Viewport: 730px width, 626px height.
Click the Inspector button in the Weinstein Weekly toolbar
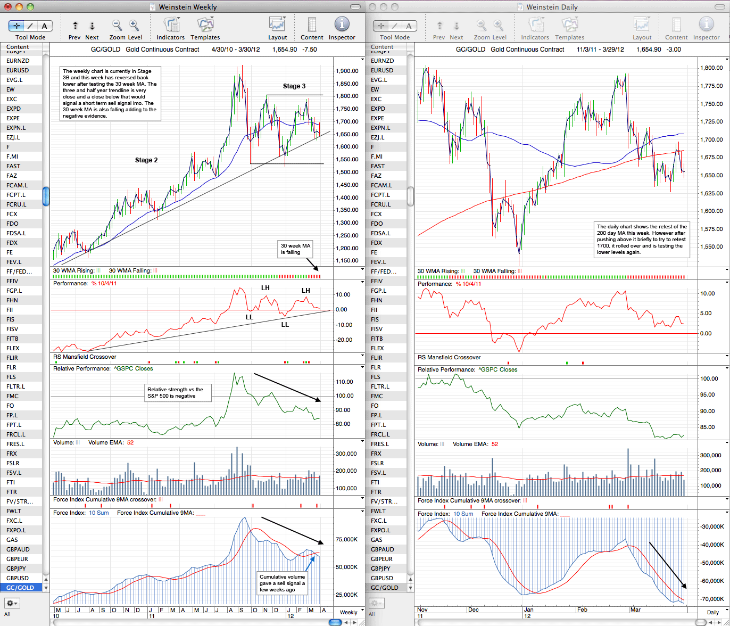tap(342, 28)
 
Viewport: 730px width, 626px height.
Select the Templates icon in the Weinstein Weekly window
tap(205, 28)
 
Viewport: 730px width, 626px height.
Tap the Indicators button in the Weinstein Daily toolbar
tap(535, 28)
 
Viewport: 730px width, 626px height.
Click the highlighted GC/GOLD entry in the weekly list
tap(20, 588)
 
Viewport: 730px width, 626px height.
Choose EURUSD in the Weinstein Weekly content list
tap(18, 70)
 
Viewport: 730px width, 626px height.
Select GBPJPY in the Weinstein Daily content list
tap(380, 569)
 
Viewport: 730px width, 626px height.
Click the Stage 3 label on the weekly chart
tap(294, 86)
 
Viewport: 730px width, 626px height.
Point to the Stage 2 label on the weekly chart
tap(146, 160)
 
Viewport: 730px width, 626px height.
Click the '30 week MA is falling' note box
tap(295, 249)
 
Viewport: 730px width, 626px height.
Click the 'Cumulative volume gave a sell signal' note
tap(282, 583)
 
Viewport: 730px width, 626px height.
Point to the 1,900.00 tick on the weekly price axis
tap(347, 71)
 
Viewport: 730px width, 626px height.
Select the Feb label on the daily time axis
tap(582, 609)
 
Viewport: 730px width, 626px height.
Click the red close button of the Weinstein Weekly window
tap(8, 7)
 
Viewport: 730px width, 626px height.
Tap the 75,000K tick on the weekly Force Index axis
tap(346, 539)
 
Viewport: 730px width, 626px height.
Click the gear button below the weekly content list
tap(12, 603)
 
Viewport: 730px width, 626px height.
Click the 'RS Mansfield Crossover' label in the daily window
tap(449, 357)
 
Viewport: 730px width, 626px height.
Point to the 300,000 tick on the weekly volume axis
tap(346, 454)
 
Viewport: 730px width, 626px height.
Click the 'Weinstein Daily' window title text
tap(552, 7)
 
